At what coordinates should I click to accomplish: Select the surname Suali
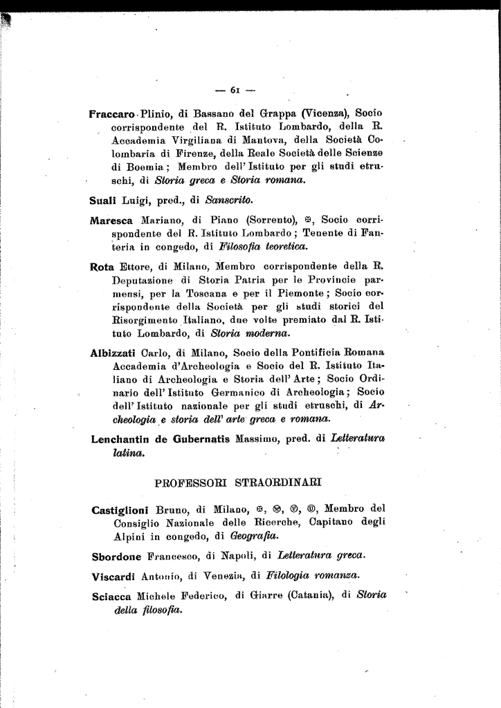pos(103,201)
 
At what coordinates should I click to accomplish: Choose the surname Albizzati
pos(114,353)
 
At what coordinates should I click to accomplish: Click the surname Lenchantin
pos(121,439)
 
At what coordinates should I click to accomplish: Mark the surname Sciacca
pos(111,596)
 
